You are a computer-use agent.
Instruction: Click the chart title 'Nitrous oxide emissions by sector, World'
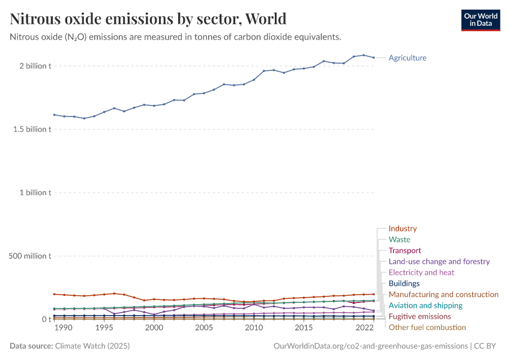pos(148,19)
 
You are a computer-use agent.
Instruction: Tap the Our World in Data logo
pos(480,20)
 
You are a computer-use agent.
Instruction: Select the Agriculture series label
pos(407,58)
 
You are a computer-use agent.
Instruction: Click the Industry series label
pos(403,229)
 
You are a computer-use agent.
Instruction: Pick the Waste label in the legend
pos(400,239)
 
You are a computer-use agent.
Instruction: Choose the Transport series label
pos(405,250)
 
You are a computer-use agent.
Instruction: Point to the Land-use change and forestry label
pos(439,262)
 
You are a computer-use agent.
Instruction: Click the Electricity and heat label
pos(421,272)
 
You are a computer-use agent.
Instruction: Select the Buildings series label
pos(404,283)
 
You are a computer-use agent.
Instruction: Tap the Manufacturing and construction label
pos(443,295)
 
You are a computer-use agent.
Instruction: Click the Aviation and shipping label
pos(425,305)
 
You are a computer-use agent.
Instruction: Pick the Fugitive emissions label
pos(419,316)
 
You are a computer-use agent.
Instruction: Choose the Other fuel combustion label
pos(427,328)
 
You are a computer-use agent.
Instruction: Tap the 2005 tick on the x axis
pos(204,328)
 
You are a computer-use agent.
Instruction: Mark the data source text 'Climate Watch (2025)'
pos(92,346)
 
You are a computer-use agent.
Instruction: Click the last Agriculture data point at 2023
pos(374,58)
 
